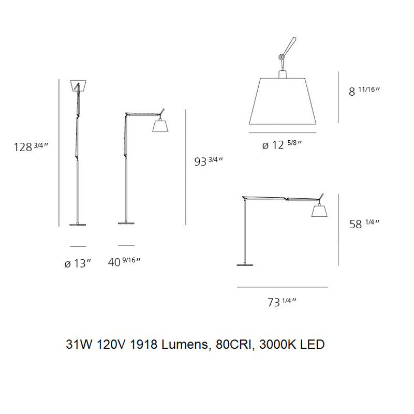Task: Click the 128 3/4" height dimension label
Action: pos(32,146)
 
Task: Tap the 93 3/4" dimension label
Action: pos(209,161)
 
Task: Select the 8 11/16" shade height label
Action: pos(364,91)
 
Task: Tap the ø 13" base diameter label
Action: pos(78,263)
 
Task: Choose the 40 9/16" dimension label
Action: pos(124,262)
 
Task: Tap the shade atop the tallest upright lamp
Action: pos(78,85)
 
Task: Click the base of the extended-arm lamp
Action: pos(245,265)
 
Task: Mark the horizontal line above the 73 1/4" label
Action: pos(282,287)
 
